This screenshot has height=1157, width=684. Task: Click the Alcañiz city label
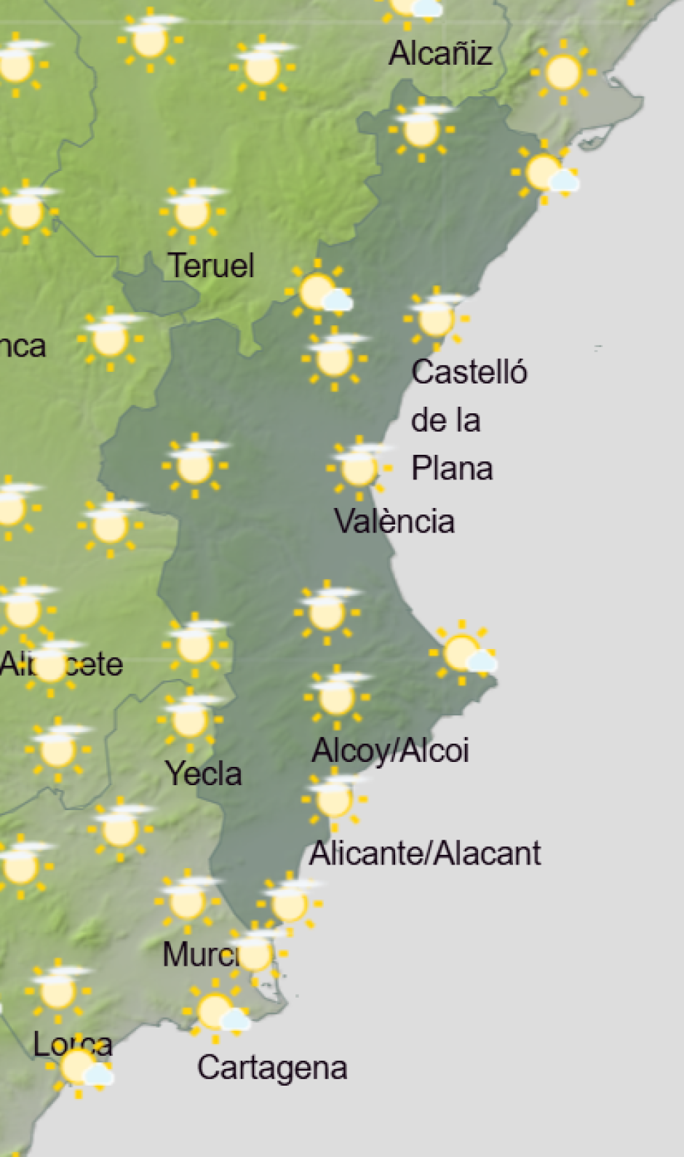tap(440, 54)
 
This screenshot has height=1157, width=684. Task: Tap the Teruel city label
tap(211, 266)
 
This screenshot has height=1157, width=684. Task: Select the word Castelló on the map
tap(469, 372)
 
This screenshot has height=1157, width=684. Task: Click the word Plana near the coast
tap(452, 468)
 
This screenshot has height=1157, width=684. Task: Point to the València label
tap(394, 522)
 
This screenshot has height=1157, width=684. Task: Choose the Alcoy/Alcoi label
tap(390, 750)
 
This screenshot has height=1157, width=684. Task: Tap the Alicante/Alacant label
tap(425, 853)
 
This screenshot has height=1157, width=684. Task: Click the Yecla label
tap(204, 774)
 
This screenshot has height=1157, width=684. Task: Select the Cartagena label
tap(272, 1068)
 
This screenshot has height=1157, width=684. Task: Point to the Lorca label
tap(73, 1045)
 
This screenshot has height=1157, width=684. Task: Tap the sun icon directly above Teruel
tap(192, 212)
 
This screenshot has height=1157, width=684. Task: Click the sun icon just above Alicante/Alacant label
tap(334, 799)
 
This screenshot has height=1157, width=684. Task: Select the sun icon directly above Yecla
tap(190, 720)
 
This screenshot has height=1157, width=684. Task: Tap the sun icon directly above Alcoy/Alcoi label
tap(336, 696)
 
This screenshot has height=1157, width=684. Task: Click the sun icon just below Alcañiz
tap(421, 130)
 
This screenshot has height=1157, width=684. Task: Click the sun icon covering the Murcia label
tap(255, 953)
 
